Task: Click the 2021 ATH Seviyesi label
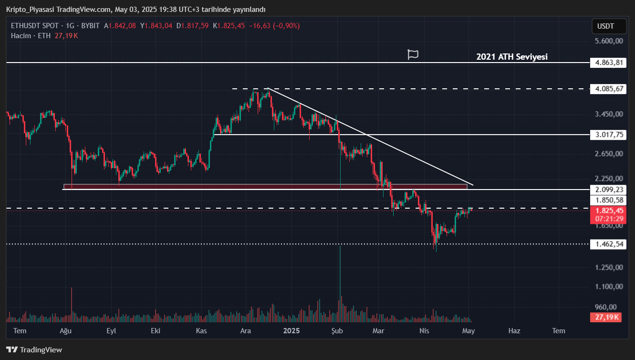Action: pyautogui.click(x=512, y=57)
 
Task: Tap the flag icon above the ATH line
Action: pyautogui.click(x=413, y=54)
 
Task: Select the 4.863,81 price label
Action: pyautogui.click(x=607, y=63)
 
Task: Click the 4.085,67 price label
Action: pyautogui.click(x=607, y=89)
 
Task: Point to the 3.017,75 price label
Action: pyautogui.click(x=607, y=135)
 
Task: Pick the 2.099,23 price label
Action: pyautogui.click(x=607, y=190)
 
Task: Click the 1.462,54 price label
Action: pyautogui.click(x=607, y=244)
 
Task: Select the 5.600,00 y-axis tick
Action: pyautogui.click(x=609, y=41)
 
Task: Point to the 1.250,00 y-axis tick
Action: pyautogui.click(x=609, y=267)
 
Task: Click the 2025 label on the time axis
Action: pyautogui.click(x=291, y=330)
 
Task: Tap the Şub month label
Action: pyautogui.click(x=337, y=330)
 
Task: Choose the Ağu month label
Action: pyautogui.click(x=65, y=330)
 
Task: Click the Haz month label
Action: pyautogui.click(x=514, y=330)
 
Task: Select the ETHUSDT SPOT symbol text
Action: pyautogui.click(x=35, y=26)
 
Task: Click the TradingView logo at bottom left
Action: pyautogui.click(x=34, y=350)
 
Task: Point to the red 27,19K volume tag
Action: pyautogui.click(x=607, y=318)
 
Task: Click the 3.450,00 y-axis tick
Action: pyautogui.click(x=609, y=114)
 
